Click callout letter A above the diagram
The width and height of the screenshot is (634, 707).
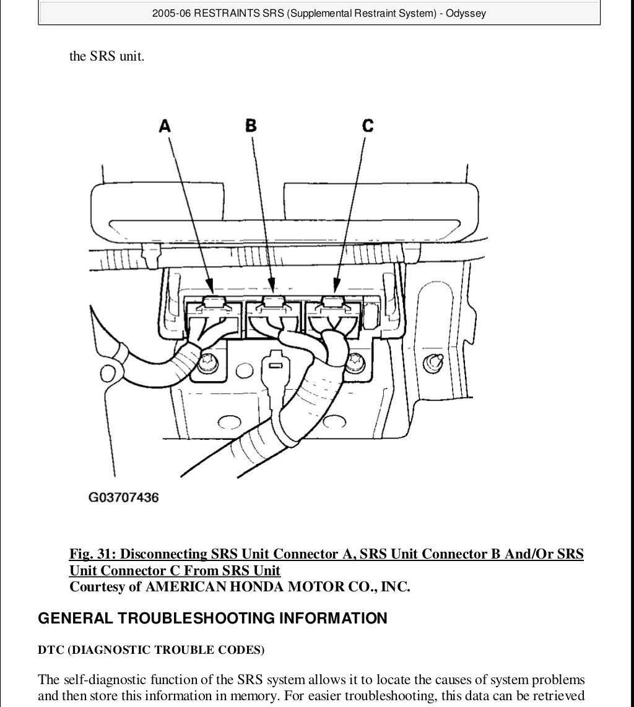(x=165, y=126)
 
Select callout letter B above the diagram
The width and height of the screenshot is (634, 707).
(x=251, y=126)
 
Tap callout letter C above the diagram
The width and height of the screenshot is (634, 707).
(x=368, y=126)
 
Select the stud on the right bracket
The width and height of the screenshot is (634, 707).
(x=433, y=362)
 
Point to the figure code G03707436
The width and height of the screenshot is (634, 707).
(x=123, y=497)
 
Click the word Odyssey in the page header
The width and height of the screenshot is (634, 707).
(x=466, y=13)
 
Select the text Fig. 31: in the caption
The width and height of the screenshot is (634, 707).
(x=92, y=554)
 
